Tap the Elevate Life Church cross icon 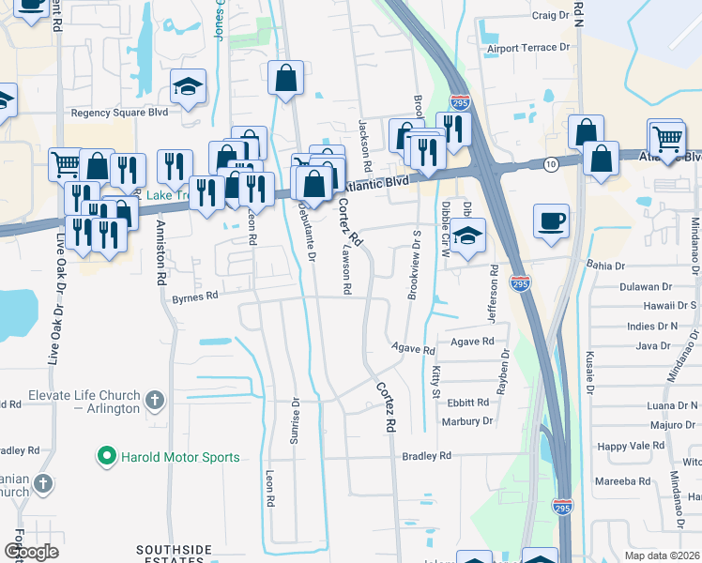pyautogui.click(x=156, y=401)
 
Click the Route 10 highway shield pyautogui.click(x=551, y=164)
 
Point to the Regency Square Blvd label pyautogui.click(x=119, y=113)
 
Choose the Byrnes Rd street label pyautogui.click(x=195, y=296)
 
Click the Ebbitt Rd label pyautogui.click(x=468, y=403)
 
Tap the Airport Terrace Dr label pyautogui.click(x=527, y=49)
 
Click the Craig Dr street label pyautogui.click(x=551, y=16)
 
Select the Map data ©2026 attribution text pyautogui.click(x=662, y=555)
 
